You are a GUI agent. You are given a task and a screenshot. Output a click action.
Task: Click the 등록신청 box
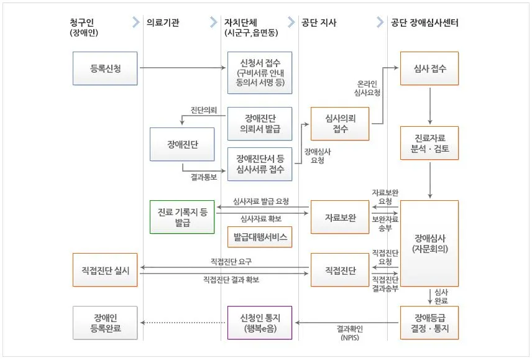click(105, 68)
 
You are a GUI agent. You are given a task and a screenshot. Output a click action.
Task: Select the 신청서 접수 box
click(259, 72)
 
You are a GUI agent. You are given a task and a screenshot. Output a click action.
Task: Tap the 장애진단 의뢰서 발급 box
click(259, 123)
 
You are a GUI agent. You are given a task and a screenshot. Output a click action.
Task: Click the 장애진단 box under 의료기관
click(182, 144)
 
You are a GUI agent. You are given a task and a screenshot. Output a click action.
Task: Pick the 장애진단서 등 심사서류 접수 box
click(259, 164)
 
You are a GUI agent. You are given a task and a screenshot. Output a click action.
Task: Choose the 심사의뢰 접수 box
click(340, 123)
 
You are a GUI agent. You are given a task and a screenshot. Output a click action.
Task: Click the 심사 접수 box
click(429, 68)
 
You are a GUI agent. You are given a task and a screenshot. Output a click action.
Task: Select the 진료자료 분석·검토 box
click(429, 143)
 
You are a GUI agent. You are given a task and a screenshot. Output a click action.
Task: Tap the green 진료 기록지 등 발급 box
click(182, 217)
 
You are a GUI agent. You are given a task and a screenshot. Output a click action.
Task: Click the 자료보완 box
click(340, 217)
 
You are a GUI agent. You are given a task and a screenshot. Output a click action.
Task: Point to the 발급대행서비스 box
click(259, 238)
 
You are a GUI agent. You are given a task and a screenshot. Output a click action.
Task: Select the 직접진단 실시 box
click(105, 270)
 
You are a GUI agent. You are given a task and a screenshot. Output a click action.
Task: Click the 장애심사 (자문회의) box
click(429, 243)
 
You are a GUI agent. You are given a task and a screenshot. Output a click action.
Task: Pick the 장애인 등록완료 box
click(105, 322)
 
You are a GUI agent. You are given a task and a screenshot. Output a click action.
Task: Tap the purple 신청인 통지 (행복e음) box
click(259, 322)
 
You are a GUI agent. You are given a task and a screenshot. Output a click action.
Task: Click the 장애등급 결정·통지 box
click(429, 322)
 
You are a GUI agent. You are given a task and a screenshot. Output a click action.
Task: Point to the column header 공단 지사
click(319, 23)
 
